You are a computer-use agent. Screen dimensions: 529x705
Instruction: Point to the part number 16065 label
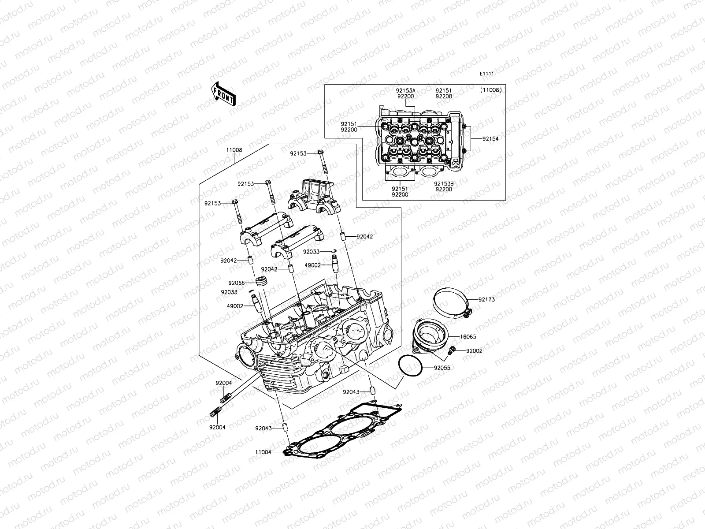468,337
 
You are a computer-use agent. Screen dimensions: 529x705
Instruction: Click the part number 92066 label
236,283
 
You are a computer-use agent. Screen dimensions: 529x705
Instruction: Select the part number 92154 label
490,138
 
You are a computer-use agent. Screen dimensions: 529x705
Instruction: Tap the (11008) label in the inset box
491,90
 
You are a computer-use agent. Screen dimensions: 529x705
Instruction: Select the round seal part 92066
261,282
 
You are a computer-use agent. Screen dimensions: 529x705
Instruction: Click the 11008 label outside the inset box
234,150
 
